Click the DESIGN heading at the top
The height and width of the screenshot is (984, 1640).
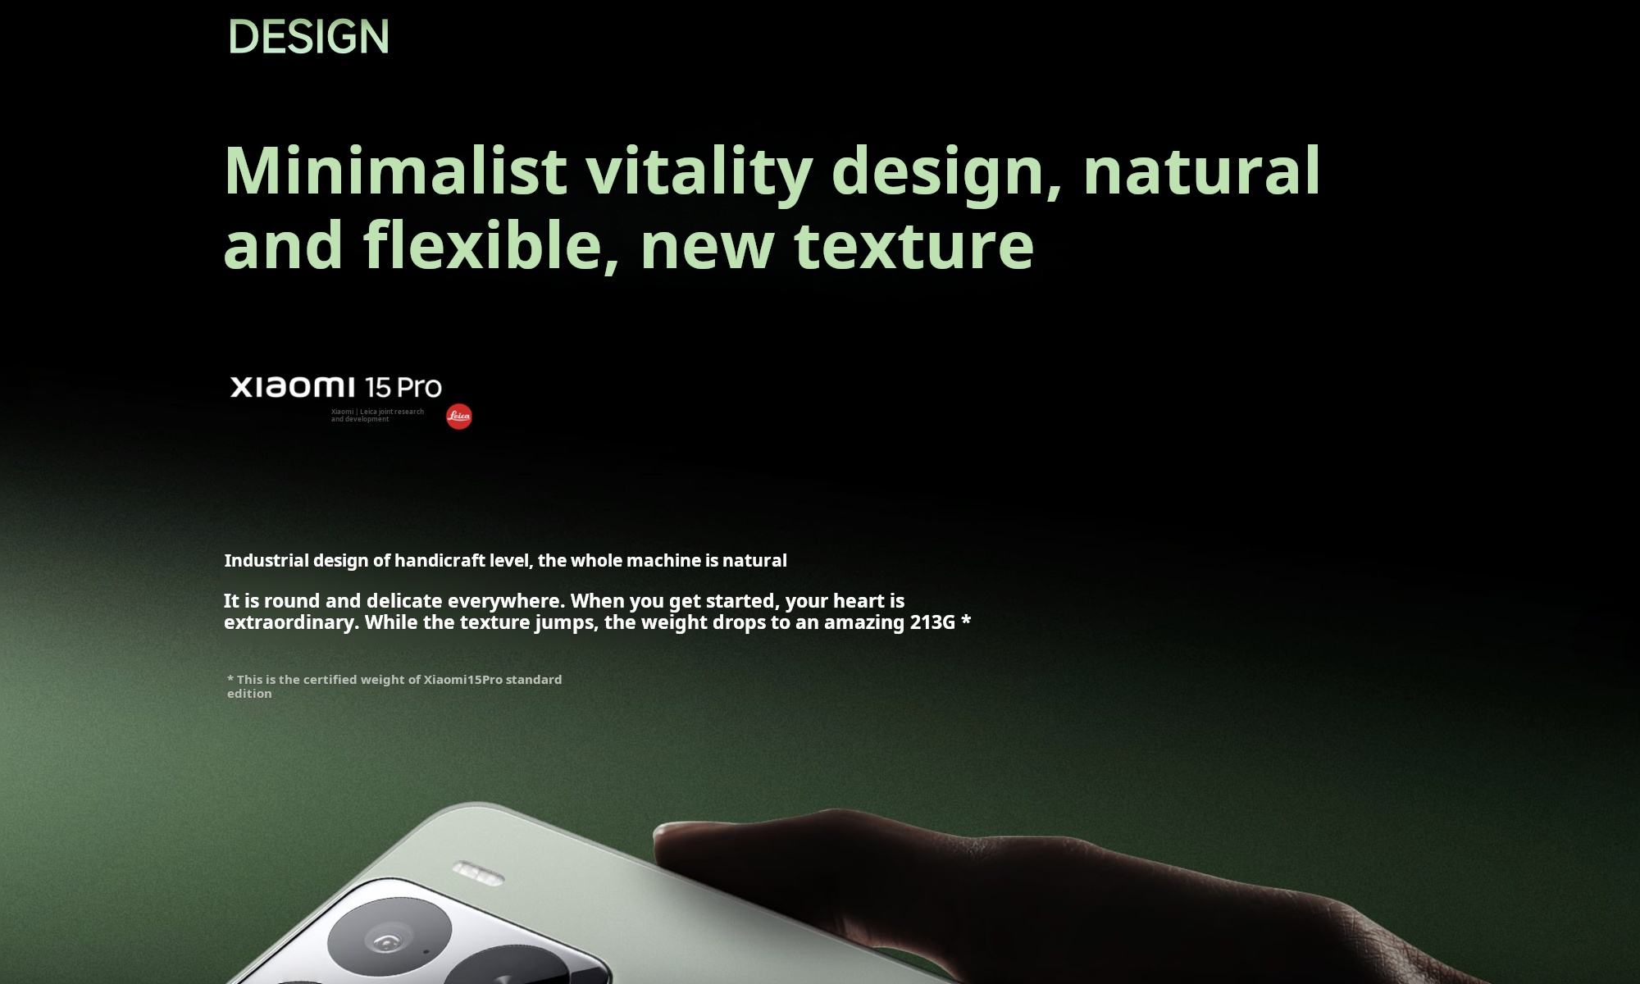(x=308, y=37)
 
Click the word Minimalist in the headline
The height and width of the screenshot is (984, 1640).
(x=395, y=170)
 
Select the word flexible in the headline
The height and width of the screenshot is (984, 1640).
(x=490, y=244)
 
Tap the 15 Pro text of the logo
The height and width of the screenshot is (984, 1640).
(x=403, y=387)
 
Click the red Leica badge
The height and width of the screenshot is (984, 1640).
(x=459, y=417)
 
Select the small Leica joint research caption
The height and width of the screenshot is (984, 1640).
(x=377, y=415)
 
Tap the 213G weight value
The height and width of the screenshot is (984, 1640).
(x=932, y=622)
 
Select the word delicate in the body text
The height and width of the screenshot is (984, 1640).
(x=404, y=601)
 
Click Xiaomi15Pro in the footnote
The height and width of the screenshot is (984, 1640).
(x=462, y=680)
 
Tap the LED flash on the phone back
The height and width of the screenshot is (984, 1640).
(x=479, y=873)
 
